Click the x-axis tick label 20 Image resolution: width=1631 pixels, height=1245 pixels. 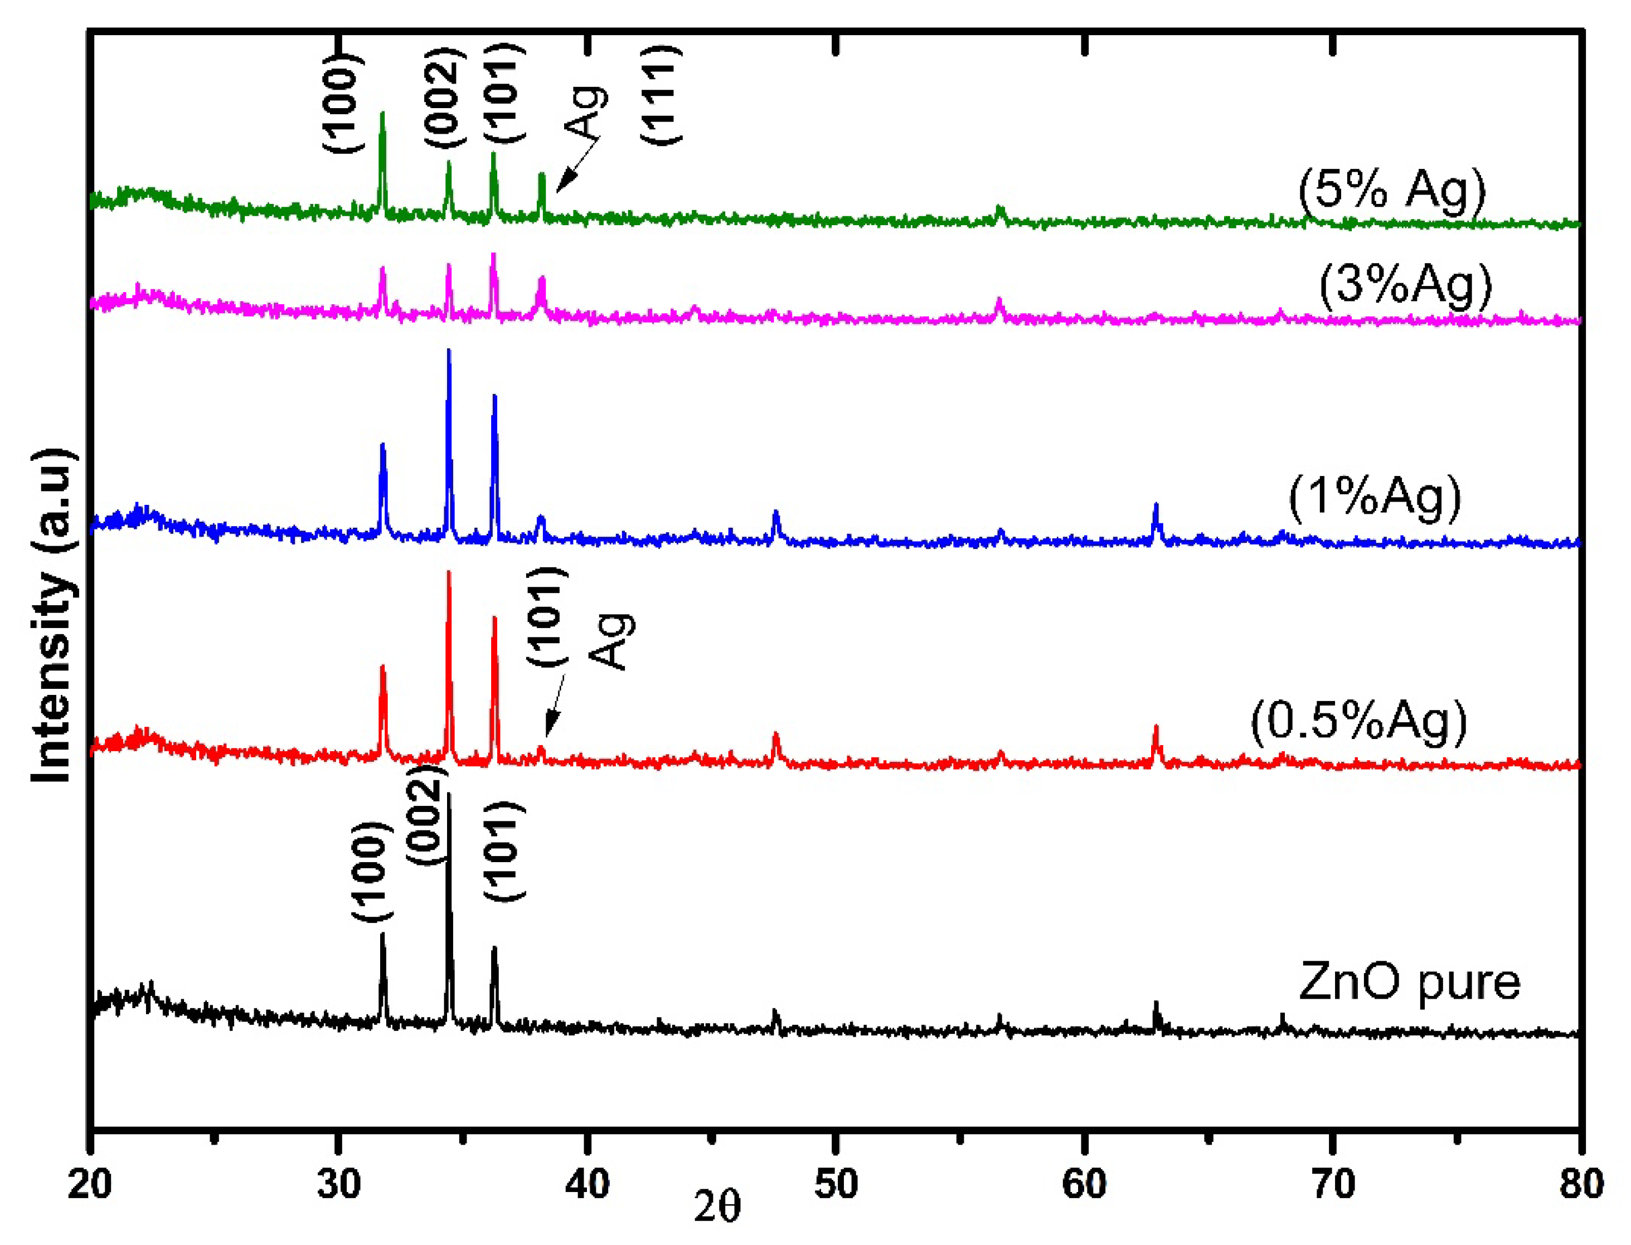90,1184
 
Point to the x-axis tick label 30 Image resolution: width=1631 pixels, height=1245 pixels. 339,1184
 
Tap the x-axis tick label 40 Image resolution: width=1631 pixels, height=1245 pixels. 587,1184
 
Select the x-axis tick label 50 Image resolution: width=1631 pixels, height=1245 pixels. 836,1184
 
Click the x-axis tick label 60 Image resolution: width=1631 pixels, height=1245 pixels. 1084,1184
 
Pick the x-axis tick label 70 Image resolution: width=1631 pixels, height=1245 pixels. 1332,1184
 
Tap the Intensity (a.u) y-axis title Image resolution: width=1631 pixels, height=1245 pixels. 54,615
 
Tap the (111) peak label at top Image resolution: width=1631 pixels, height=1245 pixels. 659,95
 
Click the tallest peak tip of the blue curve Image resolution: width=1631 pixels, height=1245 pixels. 448,350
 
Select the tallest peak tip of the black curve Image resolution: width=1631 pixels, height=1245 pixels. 448,795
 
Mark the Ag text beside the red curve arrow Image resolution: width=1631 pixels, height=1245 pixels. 612,642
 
